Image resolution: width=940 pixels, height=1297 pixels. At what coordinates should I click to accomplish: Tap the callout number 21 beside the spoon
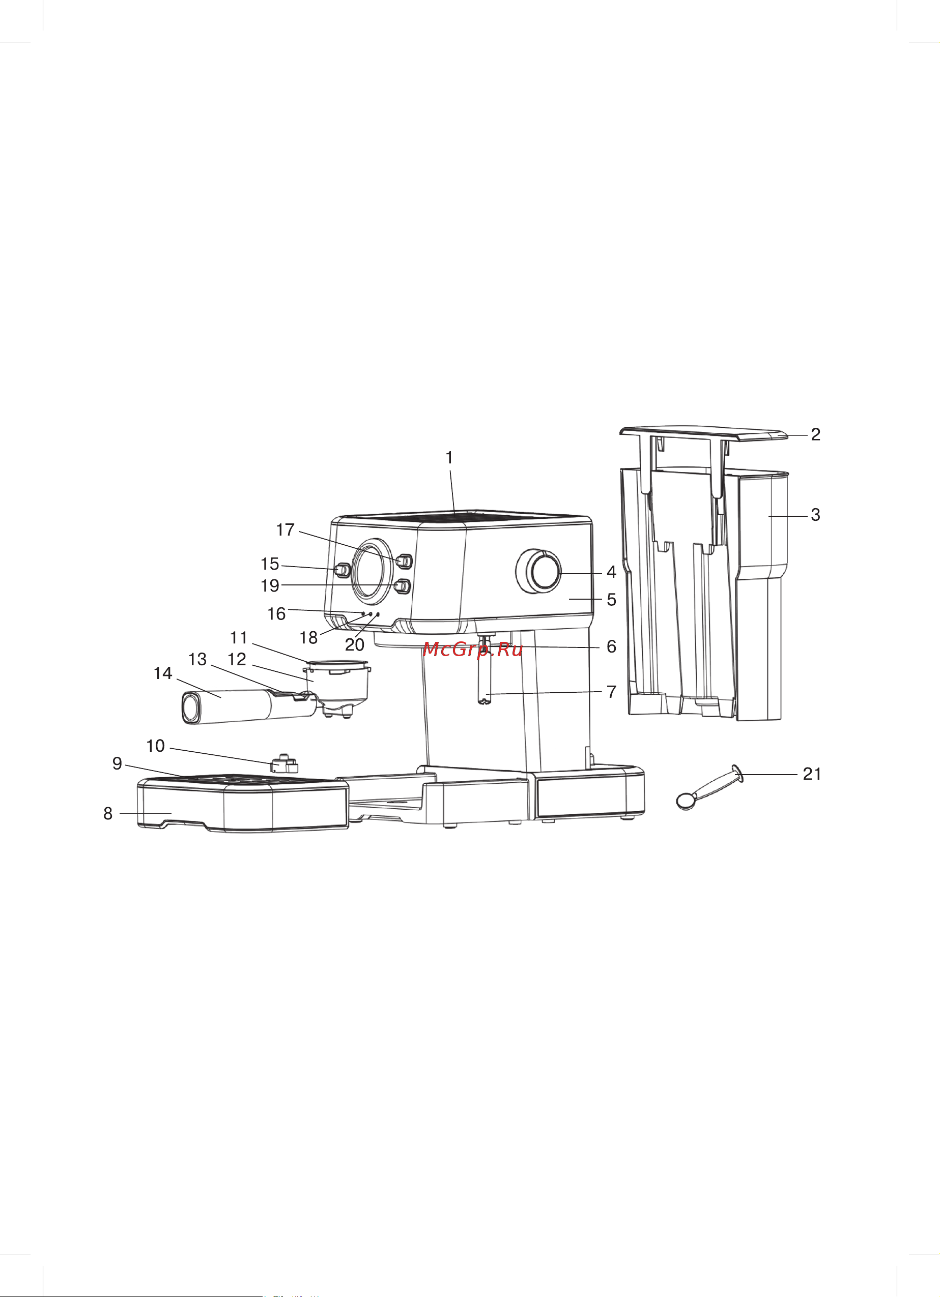tap(812, 774)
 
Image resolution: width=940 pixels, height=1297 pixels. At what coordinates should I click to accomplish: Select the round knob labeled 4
tap(539, 571)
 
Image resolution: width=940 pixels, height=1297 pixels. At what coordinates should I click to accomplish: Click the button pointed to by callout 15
tap(342, 570)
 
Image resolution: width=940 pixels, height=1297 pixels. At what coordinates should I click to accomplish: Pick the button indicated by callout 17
tap(404, 561)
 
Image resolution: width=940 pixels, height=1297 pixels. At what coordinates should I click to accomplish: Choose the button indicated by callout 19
tap(404, 586)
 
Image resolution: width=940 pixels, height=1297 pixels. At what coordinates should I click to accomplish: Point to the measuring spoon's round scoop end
tap(686, 800)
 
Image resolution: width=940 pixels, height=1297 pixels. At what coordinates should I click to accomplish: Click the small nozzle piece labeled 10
tap(284, 763)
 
